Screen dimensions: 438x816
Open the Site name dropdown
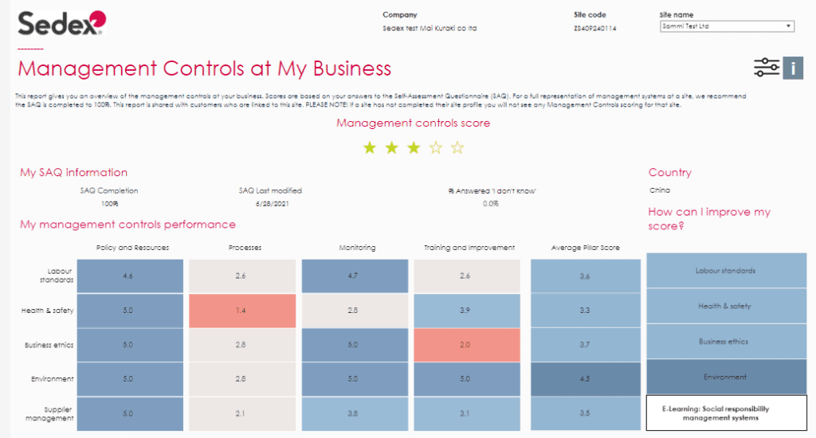tap(727, 26)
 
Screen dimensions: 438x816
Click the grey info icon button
tap(793, 68)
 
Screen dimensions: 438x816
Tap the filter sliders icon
tap(766, 68)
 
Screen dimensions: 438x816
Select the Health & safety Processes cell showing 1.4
tap(241, 310)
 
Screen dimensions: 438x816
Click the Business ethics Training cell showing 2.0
tap(466, 344)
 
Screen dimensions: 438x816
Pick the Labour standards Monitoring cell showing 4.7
tap(354, 276)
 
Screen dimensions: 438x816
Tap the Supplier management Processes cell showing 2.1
tap(241, 413)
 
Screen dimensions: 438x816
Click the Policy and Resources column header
tap(132, 248)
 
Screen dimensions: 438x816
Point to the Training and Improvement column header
tap(469, 248)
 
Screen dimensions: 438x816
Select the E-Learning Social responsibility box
tap(726, 413)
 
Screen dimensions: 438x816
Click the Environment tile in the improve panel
tap(726, 377)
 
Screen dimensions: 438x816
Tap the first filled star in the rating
tap(369, 147)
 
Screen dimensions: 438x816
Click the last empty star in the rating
tap(457, 147)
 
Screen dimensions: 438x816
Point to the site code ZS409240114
tap(595, 29)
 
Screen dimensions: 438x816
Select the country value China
tap(660, 190)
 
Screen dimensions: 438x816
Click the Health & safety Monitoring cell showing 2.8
tap(354, 310)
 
